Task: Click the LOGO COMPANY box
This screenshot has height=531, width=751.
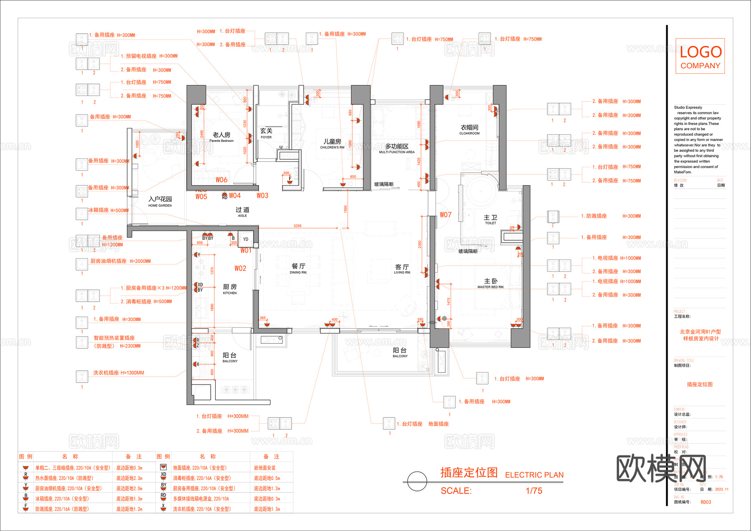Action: coord(700,56)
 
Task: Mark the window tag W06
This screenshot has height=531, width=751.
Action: coord(222,180)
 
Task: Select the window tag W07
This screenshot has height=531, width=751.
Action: coord(446,215)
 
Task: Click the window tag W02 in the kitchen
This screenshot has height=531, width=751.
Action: coord(240,269)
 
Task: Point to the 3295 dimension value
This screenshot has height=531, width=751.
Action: coord(297,226)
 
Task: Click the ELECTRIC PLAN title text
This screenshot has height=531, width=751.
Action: coord(534,475)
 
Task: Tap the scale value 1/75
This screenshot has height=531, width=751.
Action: coord(534,491)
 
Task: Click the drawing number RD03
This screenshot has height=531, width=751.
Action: coord(706,502)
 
